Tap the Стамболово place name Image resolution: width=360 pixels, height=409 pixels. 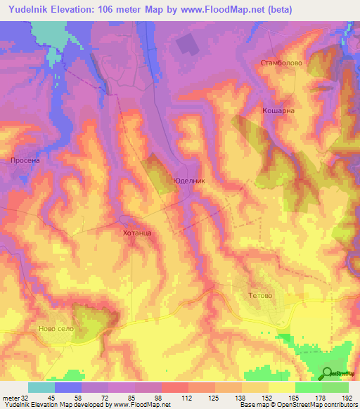pos(281,63)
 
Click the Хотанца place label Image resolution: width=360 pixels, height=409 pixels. pos(137,231)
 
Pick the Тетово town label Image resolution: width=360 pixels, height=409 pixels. pos(260,296)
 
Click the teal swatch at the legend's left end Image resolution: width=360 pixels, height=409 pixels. pos(41,387)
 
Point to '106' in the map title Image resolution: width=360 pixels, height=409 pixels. pos(111,10)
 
